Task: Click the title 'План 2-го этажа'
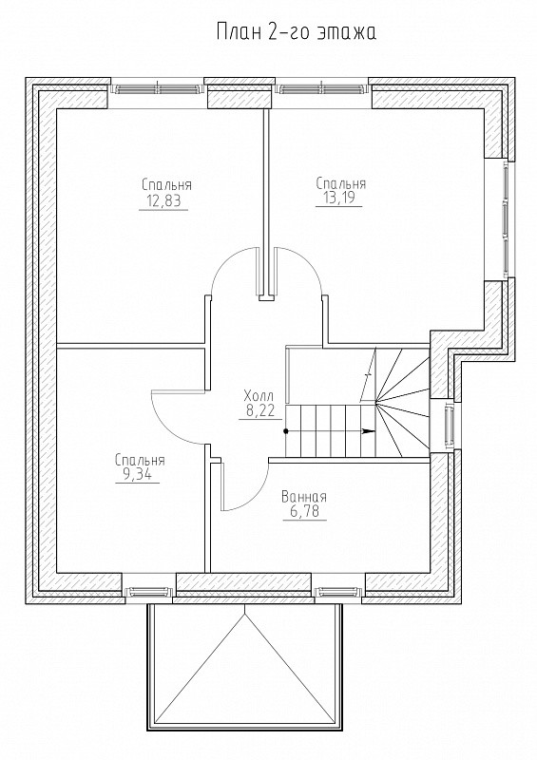[296, 32]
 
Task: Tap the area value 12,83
[163, 201]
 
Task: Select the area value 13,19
[338, 199]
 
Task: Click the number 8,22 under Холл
[260, 411]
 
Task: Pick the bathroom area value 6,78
[304, 512]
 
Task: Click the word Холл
[259, 395]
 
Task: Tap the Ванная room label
[304, 497]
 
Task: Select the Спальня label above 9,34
[141, 460]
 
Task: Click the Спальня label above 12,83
[167, 184]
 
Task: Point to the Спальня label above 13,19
[341, 183]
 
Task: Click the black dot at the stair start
[286, 431]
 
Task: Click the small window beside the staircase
[449, 423]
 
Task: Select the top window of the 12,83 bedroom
[156, 88]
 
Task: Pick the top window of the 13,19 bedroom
[319, 88]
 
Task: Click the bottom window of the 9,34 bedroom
[148, 591]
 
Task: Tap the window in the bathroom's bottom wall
[338, 591]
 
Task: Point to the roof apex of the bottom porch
[245, 613]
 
